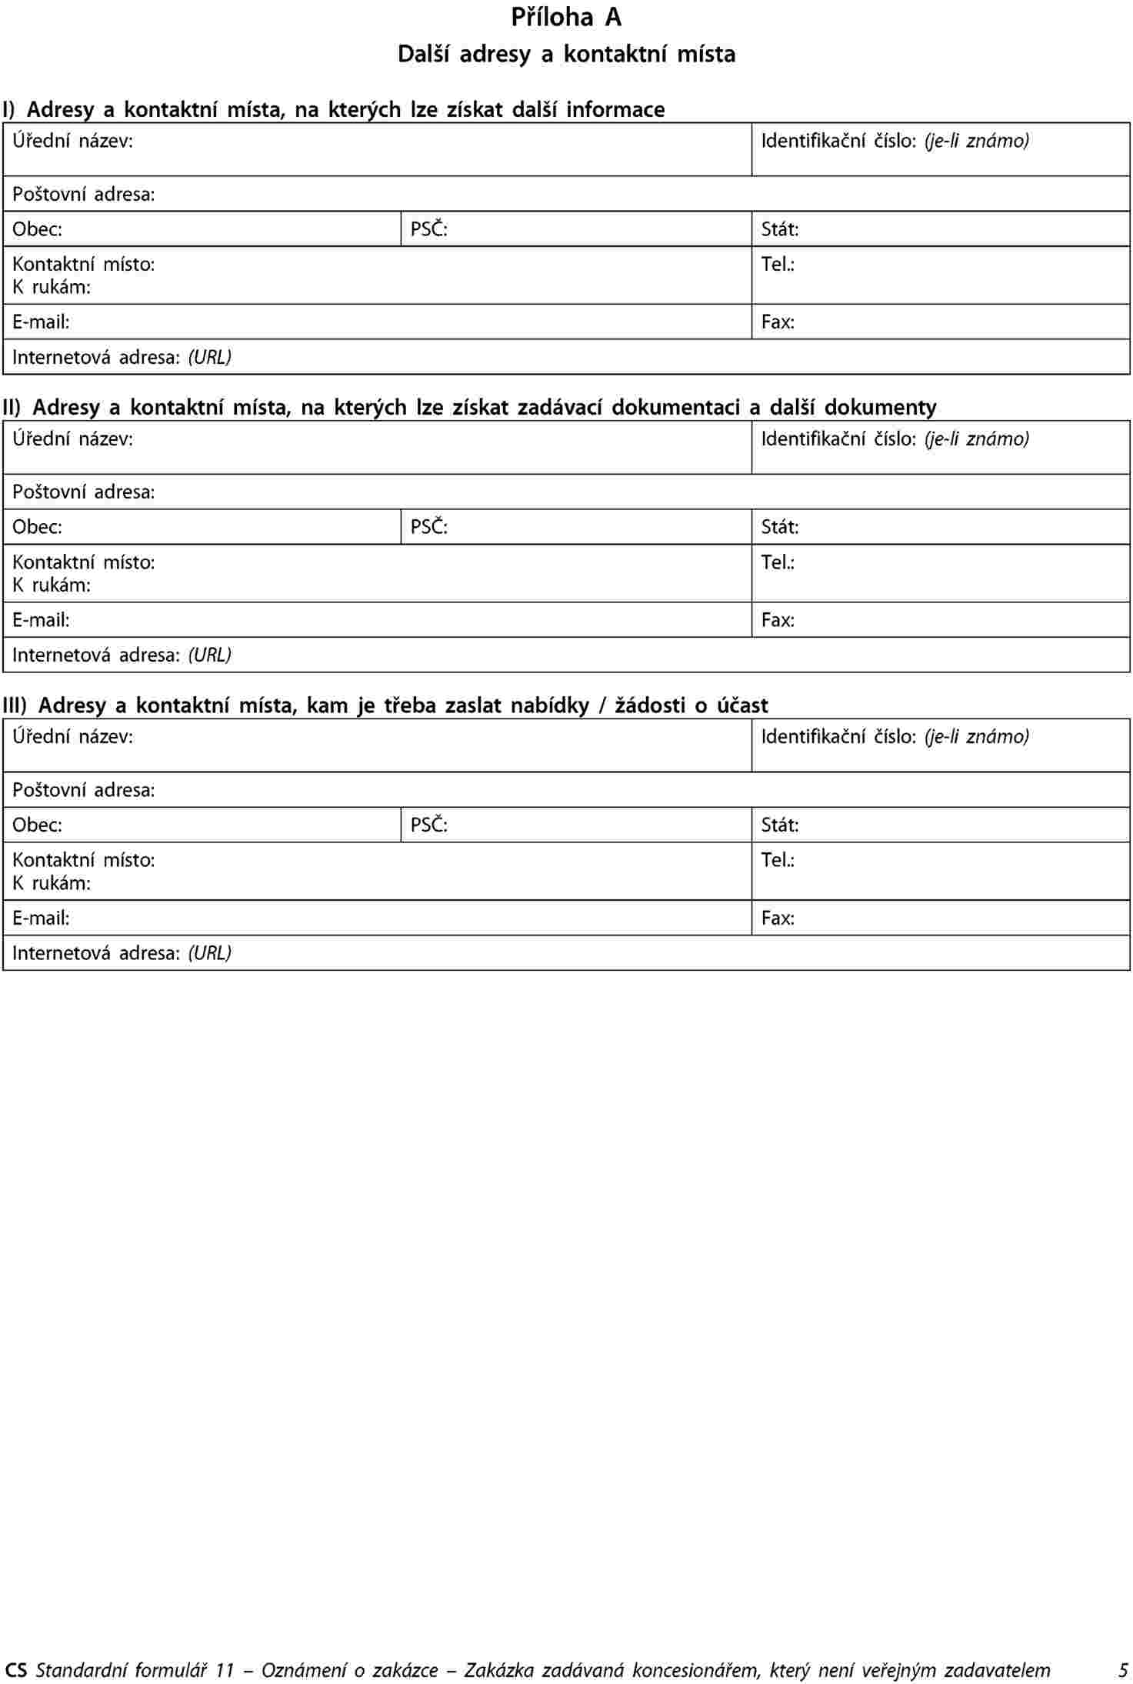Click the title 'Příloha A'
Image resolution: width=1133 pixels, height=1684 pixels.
coord(566,18)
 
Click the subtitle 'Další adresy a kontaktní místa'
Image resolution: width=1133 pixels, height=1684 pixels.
coord(566,55)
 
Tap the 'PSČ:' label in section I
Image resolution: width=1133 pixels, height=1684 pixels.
coord(428,229)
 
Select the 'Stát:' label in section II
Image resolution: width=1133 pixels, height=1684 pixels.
coord(779,527)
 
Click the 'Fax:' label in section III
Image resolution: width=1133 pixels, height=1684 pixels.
coord(778,918)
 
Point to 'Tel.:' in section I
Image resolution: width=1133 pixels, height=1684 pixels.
coord(778,265)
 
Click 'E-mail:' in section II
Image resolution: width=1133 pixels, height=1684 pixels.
coord(41,620)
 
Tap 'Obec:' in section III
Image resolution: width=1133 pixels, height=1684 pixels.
coord(37,825)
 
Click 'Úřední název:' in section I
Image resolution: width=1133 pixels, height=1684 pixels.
coord(72,141)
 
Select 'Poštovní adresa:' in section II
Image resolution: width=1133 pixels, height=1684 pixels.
coord(83,492)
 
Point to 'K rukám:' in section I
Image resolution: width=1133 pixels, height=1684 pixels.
coord(52,288)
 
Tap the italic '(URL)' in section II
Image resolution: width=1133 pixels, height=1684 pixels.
coord(210,655)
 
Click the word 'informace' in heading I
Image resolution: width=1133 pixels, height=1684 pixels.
coord(615,110)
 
